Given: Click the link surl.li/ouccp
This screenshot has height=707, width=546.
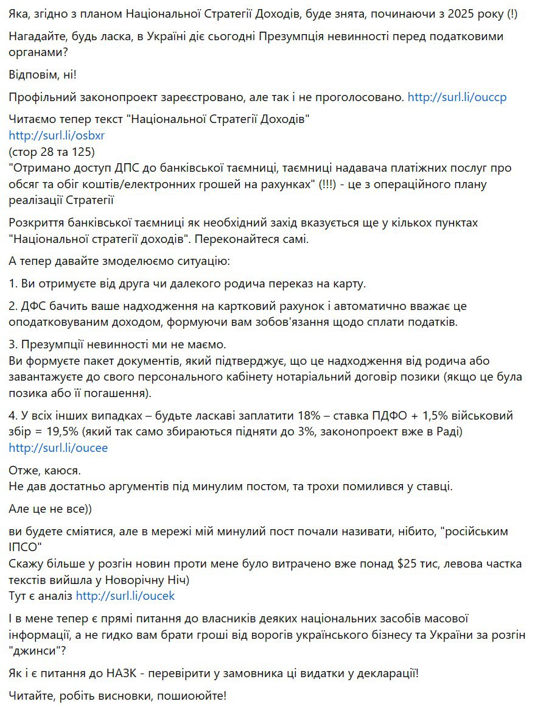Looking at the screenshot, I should pyautogui.click(x=457, y=97).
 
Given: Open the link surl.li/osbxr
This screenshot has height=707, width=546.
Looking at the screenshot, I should pyautogui.click(x=57, y=135).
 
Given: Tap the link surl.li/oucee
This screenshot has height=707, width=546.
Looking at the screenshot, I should pyautogui.click(x=58, y=448).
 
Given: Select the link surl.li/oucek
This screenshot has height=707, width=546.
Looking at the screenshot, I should pyautogui.click(x=125, y=596).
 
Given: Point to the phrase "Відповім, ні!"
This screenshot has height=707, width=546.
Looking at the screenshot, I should pyautogui.click(x=43, y=74).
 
